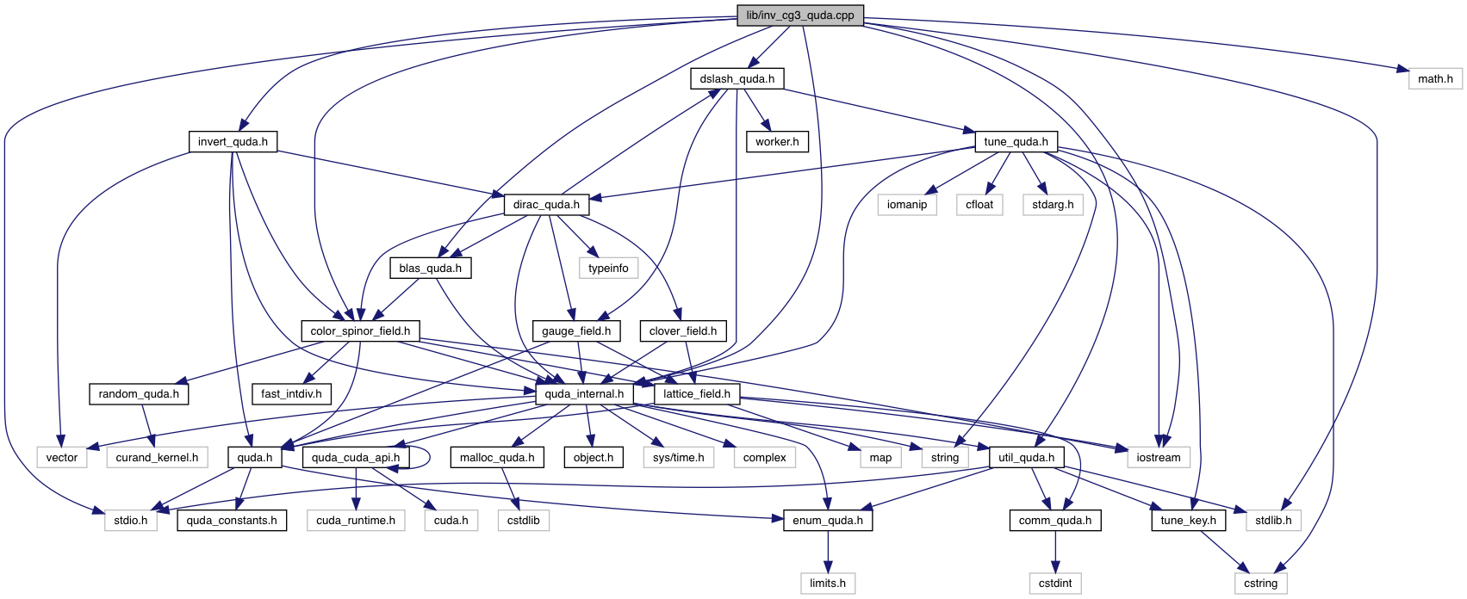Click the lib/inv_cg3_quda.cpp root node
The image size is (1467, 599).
tap(799, 15)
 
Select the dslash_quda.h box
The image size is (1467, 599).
tap(737, 79)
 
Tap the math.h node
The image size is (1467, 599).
tap(1435, 79)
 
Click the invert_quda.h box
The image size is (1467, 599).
tap(233, 142)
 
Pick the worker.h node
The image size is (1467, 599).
tap(777, 142)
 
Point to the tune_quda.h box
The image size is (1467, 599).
tap(1016, 142)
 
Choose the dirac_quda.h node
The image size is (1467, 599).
tap(546, 205)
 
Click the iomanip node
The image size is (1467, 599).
tap(906, 205)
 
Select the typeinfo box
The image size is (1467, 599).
tap(608, 269)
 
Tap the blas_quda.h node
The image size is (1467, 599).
tap(430, 269)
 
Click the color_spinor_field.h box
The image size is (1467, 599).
tap(360, 331)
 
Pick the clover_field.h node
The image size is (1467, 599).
tap(682, 331)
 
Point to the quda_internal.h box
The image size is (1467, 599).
tap(584, 394)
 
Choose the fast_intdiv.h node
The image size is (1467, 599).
tap(291, 394)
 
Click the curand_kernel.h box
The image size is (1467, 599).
tap(157, 458)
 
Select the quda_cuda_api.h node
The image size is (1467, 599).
tap(355, 458)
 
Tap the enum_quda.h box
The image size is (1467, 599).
tap(827, 521)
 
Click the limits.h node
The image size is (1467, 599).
tap(827, 584)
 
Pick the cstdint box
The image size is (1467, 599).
tap(1054, 584)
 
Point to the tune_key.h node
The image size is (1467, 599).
tap(1188, 521)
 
